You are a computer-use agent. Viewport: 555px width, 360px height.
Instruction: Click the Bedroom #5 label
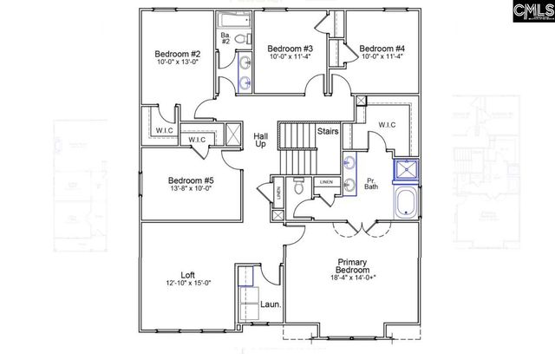tap(184, 181)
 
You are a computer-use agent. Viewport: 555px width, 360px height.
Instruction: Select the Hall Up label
tap(260, 141)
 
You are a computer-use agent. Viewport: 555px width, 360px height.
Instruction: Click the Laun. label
tap(270, 305)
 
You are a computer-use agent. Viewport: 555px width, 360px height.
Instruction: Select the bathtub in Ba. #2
tap(232, 18)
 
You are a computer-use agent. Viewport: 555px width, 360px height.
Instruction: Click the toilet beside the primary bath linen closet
tap(298, 186)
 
